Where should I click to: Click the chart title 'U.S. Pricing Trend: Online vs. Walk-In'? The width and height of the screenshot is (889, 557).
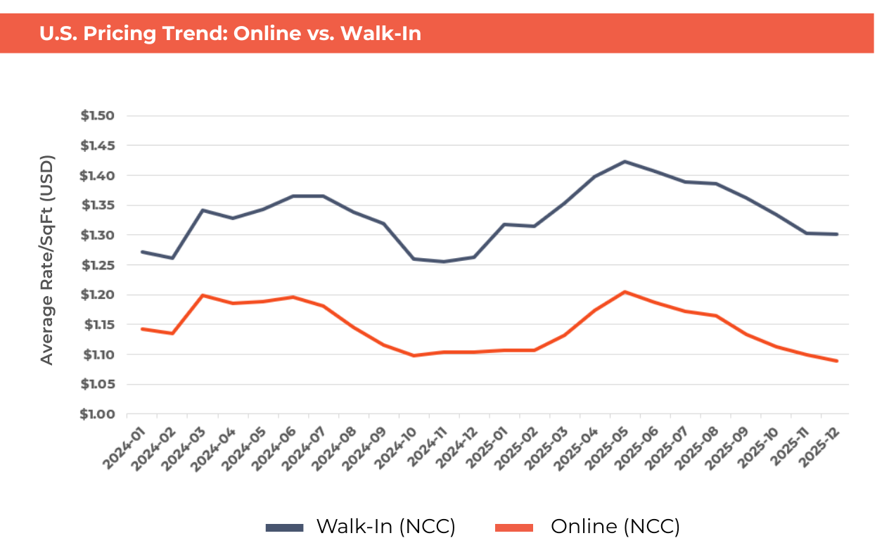pyautogui.click(x=231, y=34)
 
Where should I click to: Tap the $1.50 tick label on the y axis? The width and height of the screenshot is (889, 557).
pyautogui.click(x=98, y=116)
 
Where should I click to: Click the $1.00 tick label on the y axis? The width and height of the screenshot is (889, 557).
pyautogui.click(x=98, y=414)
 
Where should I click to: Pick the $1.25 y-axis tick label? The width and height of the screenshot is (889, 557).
pyautogui.click(x=98, y=265)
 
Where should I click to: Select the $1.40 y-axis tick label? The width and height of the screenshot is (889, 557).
pyautogui.click(x=98, y=176)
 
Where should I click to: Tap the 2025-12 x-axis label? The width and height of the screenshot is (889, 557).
pyautogui.click(x=821, y=437)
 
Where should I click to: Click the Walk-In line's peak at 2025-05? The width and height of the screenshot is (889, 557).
pyautogui.click(x=624, y=162)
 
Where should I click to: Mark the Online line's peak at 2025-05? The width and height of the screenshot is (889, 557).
pyautogui.click(x=624, y=292)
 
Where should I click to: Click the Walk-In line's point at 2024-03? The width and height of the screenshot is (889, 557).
pyautogui.click(x=203, y=210)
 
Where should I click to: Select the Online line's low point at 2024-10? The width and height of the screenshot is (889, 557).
pyautogui.click(x=414, y=356)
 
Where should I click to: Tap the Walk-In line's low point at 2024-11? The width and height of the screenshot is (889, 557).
pyautogui.click(x=443, y=262)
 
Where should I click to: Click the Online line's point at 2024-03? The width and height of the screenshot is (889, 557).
pyautogui.click(x=203, y=295)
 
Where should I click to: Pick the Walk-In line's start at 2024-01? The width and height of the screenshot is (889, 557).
pyautogui.click(x=143, y=252)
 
